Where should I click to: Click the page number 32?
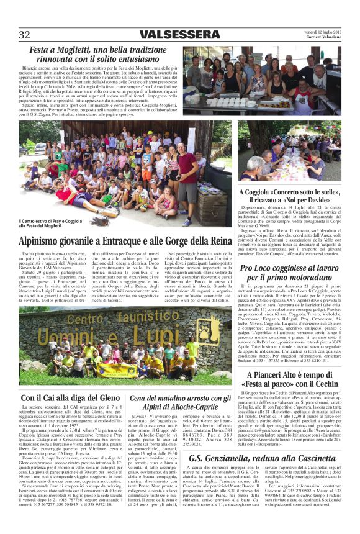pos(24,34)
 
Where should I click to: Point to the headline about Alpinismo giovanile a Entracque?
pos(125,240)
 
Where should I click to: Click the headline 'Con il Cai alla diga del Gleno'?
pos(70,397)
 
